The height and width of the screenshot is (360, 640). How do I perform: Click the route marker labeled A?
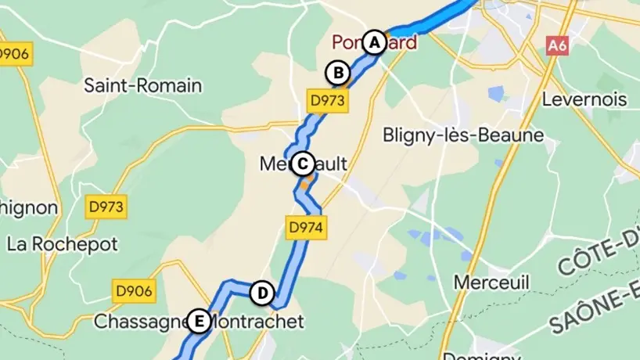click(375, 42)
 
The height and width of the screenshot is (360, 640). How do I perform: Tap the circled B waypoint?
click(337, 73)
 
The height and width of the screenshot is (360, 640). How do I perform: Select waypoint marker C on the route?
click(302, 164)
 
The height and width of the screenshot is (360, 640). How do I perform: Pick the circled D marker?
click(262, 293)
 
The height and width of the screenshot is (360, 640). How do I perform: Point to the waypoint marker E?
click(199, 321)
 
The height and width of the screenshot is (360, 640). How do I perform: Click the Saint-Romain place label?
click(143, 85)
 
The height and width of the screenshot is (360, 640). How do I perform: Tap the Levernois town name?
click(585, 99)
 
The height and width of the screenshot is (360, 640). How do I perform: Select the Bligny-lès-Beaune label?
click(463, 135)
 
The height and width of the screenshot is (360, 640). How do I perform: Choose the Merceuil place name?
click(492, 282)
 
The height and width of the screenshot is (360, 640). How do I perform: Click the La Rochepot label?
click(63, 243)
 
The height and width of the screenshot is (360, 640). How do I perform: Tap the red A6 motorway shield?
click(557, 46)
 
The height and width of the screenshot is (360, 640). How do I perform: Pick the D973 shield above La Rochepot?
click(105, 207)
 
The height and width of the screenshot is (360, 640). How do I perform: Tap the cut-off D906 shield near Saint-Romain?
click(14, 54)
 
